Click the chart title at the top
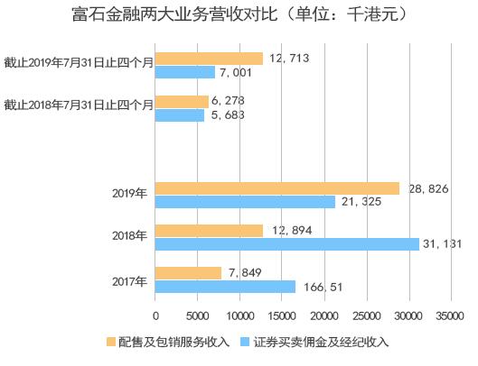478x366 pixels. (x=239, y=15)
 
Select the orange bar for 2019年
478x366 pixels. (x=277, y=188)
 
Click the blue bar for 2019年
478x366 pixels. (x=246, y=201)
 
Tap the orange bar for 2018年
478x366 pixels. (x=210, y=231)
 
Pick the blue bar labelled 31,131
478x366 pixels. (x=287, y=244)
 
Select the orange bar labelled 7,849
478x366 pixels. (x=189, y=273)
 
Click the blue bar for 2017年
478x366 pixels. (x=226, y=287)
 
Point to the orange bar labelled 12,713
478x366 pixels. (x=210, y=59)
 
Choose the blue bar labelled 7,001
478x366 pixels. (x=185, y=72)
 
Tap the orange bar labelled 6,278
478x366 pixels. (x=183, y=102)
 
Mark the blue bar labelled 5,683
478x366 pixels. (x=180, y=115)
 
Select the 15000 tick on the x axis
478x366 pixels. (x=282, y=316)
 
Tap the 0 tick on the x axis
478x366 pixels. (x=155, y=316)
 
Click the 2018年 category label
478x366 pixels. (x=129, y=237)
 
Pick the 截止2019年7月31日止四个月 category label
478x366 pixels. (x=78, y=65)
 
